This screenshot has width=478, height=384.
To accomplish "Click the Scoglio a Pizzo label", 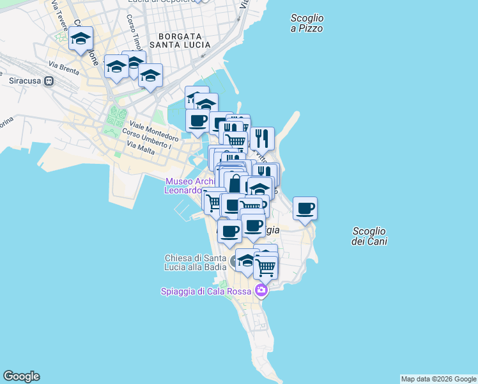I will pyautogui.click(x=307, y=24).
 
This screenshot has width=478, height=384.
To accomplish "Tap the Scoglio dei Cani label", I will pyautogui.click(x=369, y=236).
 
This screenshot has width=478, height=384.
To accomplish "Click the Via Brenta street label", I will pyautogui.click(x=63, y=66).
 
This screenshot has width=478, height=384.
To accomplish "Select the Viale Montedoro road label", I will pyautogui.click(x=154, y=131).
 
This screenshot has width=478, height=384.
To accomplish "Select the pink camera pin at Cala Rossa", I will pyautogui.click(x=261, y=291).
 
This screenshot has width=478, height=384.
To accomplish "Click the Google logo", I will pyautogui.click(x=21, y=376).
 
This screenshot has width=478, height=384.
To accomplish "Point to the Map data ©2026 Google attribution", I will pyautogui.click(x=438, y=379).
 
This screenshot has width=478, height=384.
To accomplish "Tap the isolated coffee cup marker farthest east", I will pyautogui.click(x=305, y=208).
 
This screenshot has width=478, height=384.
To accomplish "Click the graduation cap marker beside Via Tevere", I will pyautogui.click(x=81, y=38).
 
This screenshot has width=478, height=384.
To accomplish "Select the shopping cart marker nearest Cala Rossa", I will pyautogui.click(x=265, y=266).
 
